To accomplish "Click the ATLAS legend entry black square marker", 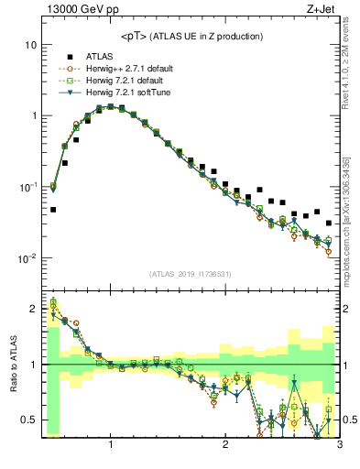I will pos(69,56).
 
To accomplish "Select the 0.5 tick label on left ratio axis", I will pos(28,420).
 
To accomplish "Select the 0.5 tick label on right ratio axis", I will pos(349,420).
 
